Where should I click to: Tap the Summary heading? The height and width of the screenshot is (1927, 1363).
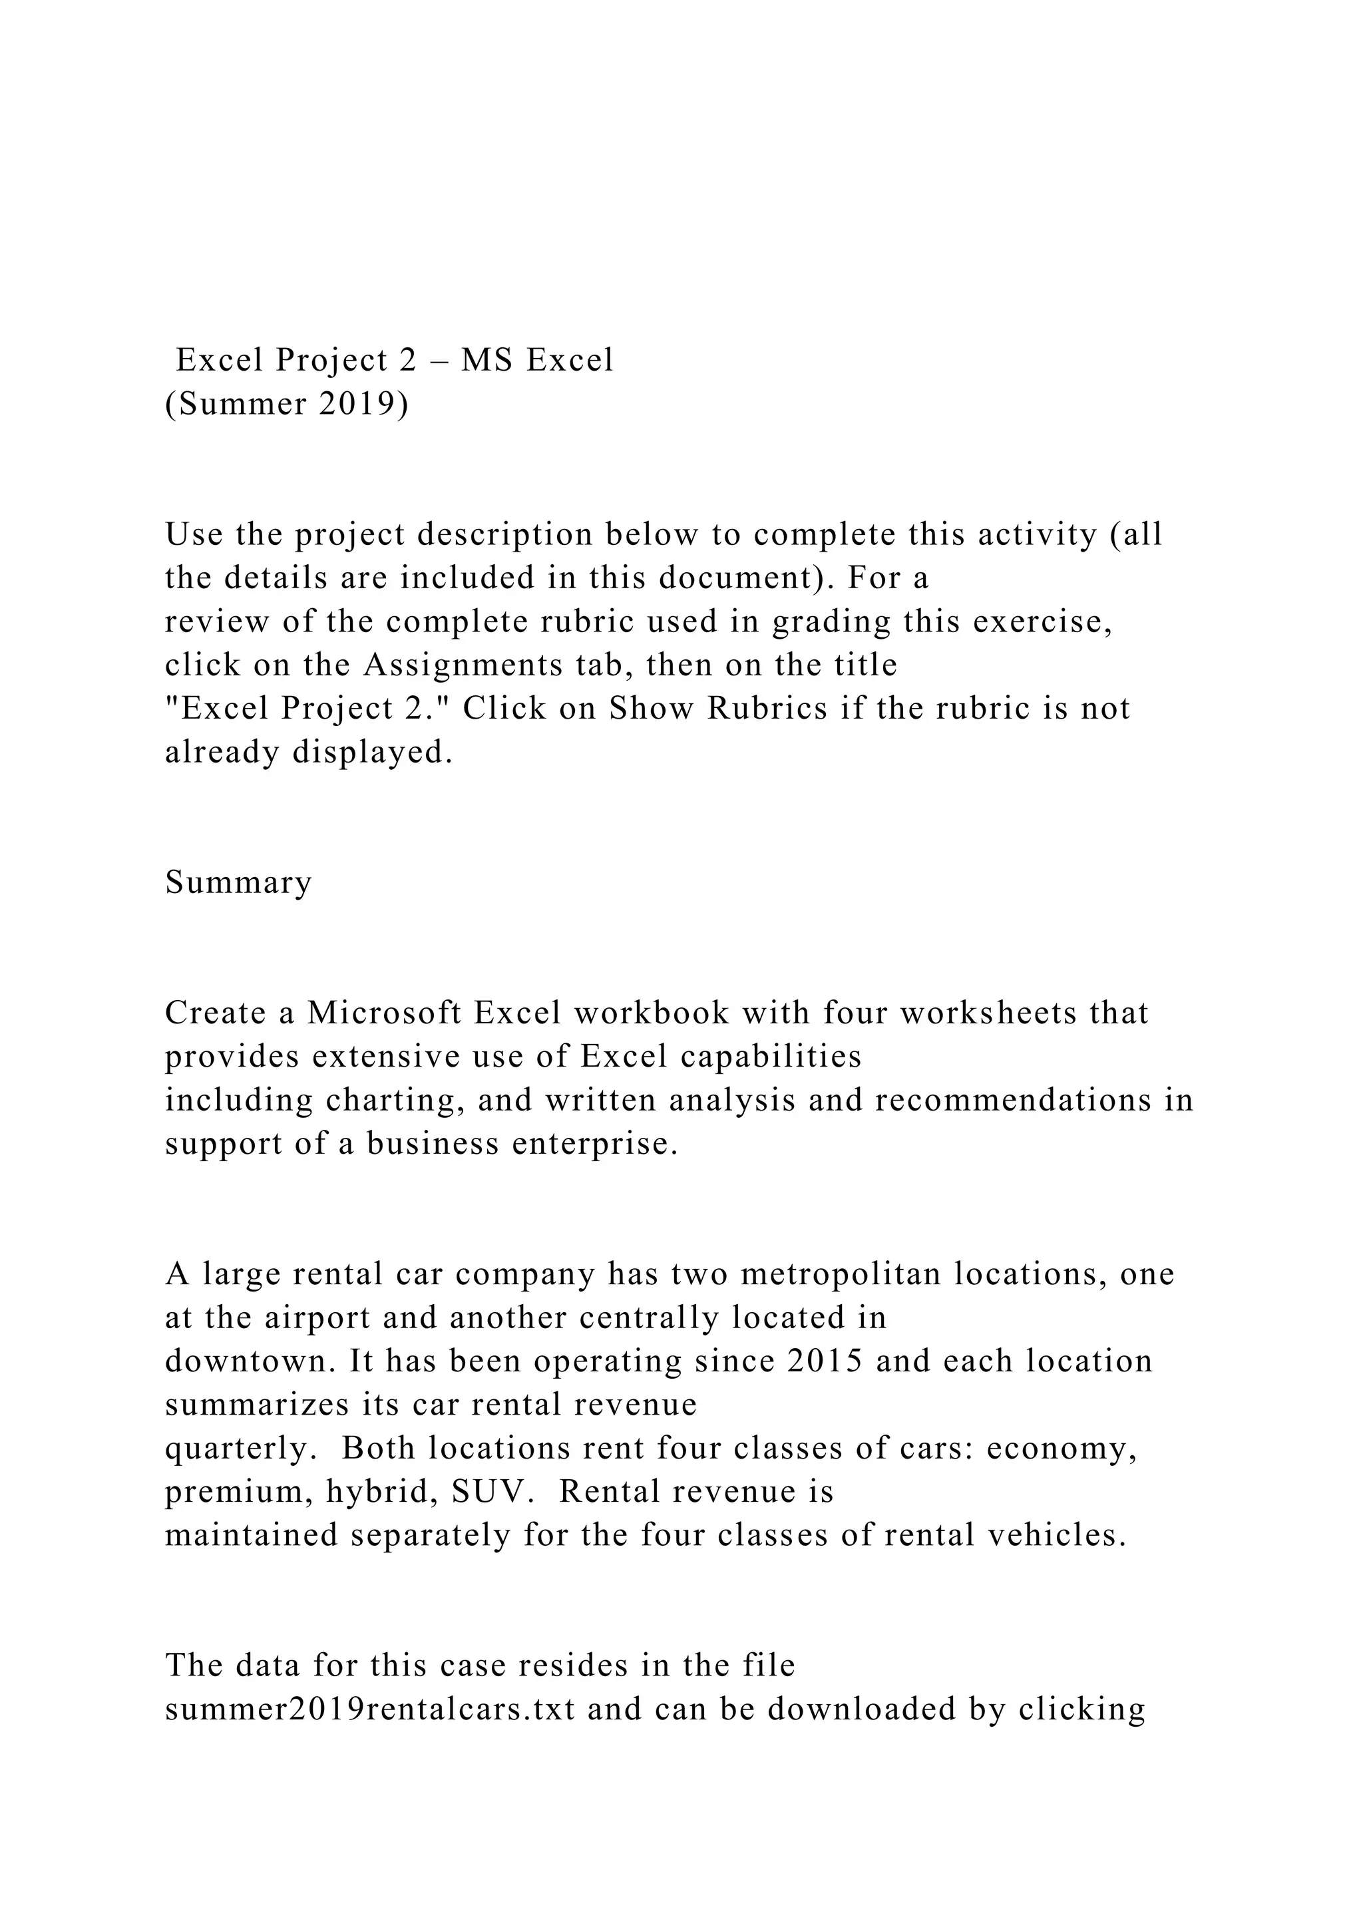[x=238, y=882]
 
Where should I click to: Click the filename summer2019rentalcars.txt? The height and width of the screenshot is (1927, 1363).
[x=370, y=1709]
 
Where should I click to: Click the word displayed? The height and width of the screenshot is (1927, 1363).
[x=373, y=752]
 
